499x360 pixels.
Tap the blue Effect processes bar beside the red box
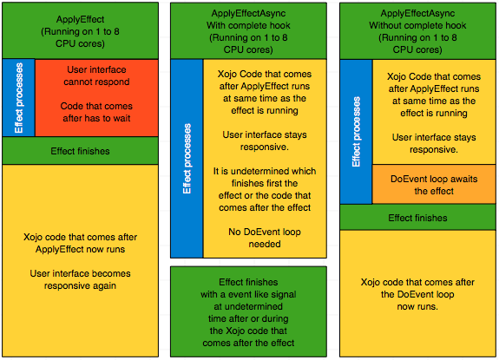click(18, 98)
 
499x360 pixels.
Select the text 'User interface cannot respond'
click(96, 76)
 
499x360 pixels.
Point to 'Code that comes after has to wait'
click(96, 113)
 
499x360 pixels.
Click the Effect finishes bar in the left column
click(80, 151)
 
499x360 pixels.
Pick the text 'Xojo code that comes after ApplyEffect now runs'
click(80, 242)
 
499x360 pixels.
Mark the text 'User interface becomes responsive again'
click(80, 279)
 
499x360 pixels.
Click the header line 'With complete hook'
click(249, 25)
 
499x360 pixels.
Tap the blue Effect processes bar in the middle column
click(187, 159)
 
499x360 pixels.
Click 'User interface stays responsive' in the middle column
click(264, 141)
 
